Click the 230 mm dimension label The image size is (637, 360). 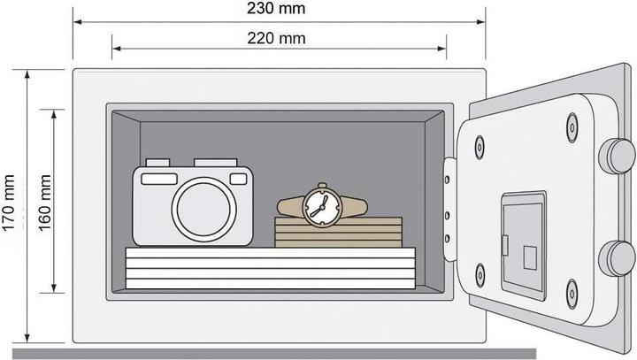click(276, 9)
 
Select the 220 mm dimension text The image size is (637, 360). click(276, 39)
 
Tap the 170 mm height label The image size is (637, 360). click(9, 203)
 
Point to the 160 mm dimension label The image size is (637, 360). click(45, 203)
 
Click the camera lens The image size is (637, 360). click(204, 210)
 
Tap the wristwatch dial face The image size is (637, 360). click(322, 207)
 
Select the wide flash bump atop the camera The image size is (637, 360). click(215, 163)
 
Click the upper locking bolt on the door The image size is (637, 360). click(618, 156)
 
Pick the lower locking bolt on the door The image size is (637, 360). click(618, 258)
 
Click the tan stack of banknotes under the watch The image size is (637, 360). click(338, 233)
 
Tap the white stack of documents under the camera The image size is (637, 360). click(271, 268)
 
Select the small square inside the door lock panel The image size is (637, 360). click(530, 257)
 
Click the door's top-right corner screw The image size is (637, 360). click(572, 127)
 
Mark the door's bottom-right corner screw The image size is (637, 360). click(572, 294)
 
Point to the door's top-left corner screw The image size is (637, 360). click(480, 147)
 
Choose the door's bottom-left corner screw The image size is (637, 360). click(480, 275)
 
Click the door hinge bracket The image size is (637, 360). click(449, 209)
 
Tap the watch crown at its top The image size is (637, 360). click(322, 186)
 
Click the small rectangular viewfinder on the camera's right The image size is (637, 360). click(239, 179)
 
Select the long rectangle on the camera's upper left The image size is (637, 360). click(159, 179)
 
